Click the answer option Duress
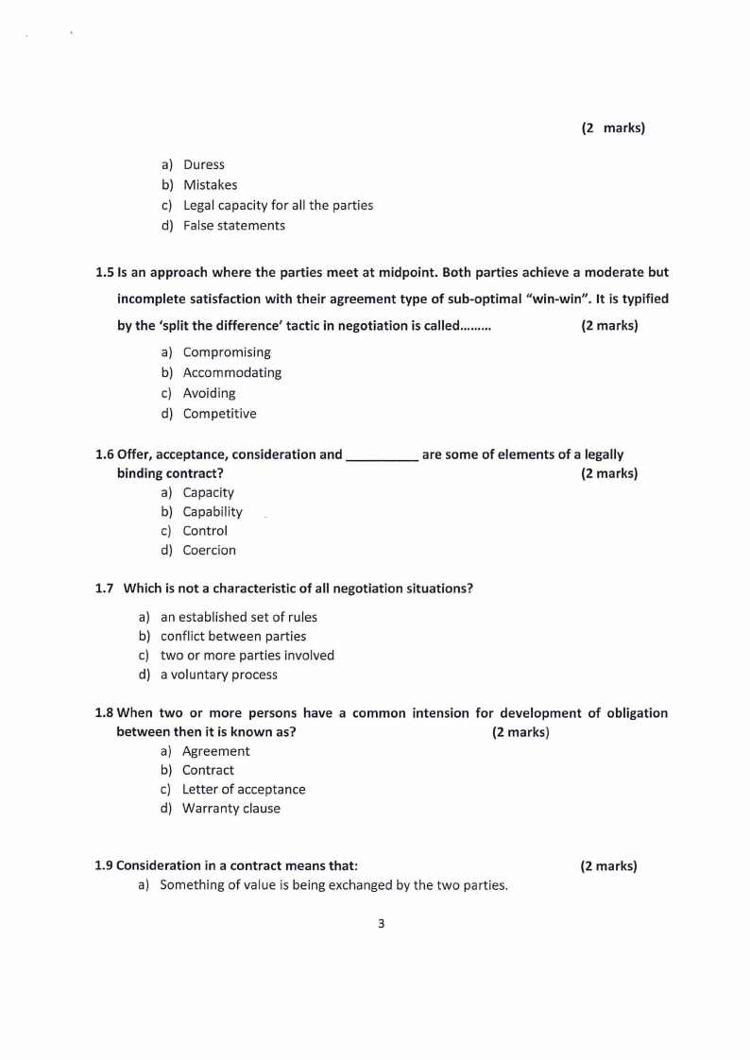click(x=203, y=164)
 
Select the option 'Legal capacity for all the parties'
click(x=278, y=205)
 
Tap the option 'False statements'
click(x=233, y=226)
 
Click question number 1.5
click(x=105, y=272)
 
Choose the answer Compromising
click(x=227, y=352)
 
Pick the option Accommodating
click(x=231, y=373)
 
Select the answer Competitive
click(x=219, y=414)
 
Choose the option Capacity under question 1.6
click(x=208, y=492)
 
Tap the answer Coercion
click(x=209, y=550)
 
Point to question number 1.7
click(x=105, y=589)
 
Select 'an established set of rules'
click(x=238, y=617)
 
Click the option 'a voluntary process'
click(x=218, y=675)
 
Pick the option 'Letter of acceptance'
click(x=244, y=789)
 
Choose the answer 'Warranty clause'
click(x=230, y=809)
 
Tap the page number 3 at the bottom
click(x=381, y=924)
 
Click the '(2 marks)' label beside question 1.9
click(x=608, y=865)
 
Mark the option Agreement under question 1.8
click(x=215, y=751)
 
